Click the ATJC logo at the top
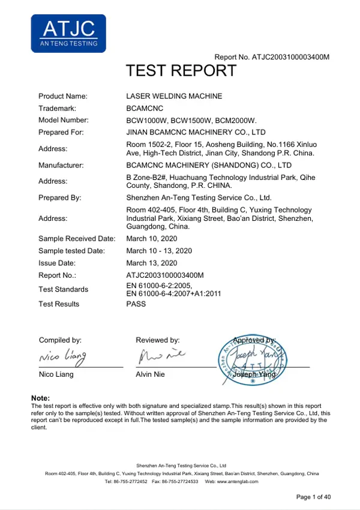[x=68, y=34]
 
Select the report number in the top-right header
[x=272, y=57]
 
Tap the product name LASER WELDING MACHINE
[x=174, y=96]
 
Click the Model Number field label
[x=64, y=121]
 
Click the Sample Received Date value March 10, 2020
[x=152, y=239]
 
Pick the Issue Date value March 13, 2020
[x=152, y=263]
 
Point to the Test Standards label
[x=63, y=289]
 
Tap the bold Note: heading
[x=40, y=398]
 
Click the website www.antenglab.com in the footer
[x=238, y=482]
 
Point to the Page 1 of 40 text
[x=314, y=497]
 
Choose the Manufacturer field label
[x=61, y=164]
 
